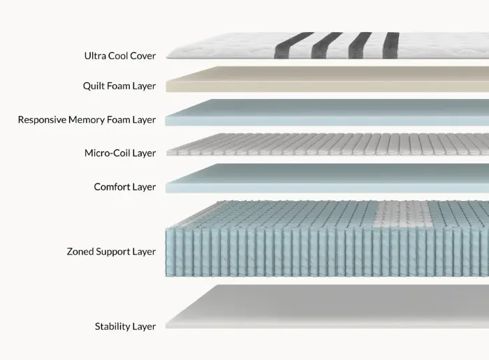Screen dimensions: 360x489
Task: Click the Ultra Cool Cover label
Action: point(119,55)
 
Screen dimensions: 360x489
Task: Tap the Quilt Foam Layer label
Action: point(119,87)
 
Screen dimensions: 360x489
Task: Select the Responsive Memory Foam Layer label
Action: point(87,120)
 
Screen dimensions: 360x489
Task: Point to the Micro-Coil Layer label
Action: point(120,153)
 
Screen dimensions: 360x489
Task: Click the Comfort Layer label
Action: point(124,187)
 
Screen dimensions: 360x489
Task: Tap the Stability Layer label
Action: point(125,326)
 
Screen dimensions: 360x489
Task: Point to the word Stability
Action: point(112,326)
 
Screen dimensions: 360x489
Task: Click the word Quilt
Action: point(94,87)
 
